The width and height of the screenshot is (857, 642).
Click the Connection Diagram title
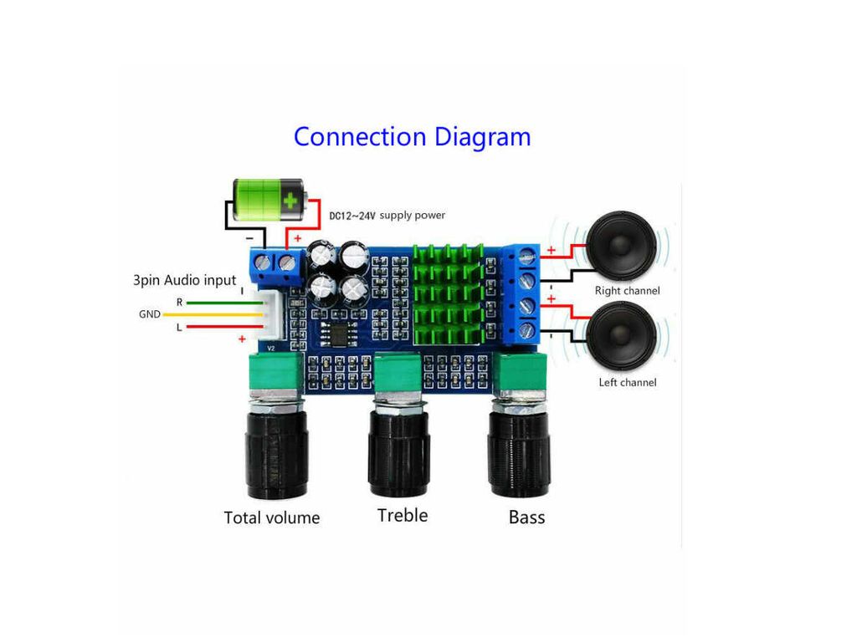(412, 138)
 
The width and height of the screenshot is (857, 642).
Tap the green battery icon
(269, 200)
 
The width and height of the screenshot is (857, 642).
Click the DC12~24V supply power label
(387, 216)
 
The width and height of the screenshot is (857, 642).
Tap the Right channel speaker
(622, 246)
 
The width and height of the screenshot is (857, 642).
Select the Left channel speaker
(622, 336)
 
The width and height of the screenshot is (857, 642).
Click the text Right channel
(628, 290)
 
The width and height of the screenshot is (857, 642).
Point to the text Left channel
(628, 382)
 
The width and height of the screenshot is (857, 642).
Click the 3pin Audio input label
(184, 281)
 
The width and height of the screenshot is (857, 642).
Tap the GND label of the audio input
(149, 314)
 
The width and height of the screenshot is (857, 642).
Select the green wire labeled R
(224, 303)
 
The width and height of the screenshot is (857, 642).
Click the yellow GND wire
(213, 315)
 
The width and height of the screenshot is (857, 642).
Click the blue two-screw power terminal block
(277, 267)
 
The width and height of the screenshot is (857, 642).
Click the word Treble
(403, 515)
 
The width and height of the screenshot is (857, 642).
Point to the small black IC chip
(339, 334)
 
